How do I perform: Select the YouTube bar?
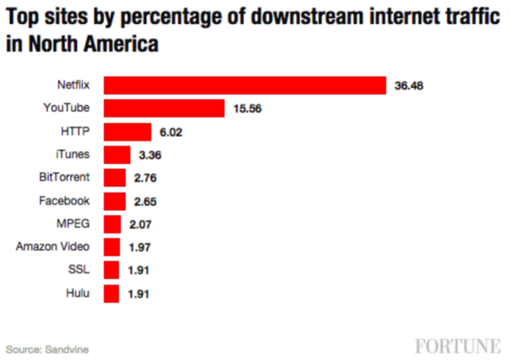[x=165, y=108]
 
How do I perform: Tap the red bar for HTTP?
[x=128, y=132]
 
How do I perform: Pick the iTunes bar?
[x=117, y=155]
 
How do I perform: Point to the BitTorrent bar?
[x=115, y=178]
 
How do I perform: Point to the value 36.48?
[x=409, y=85]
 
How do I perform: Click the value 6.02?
[x=171, y=132]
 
